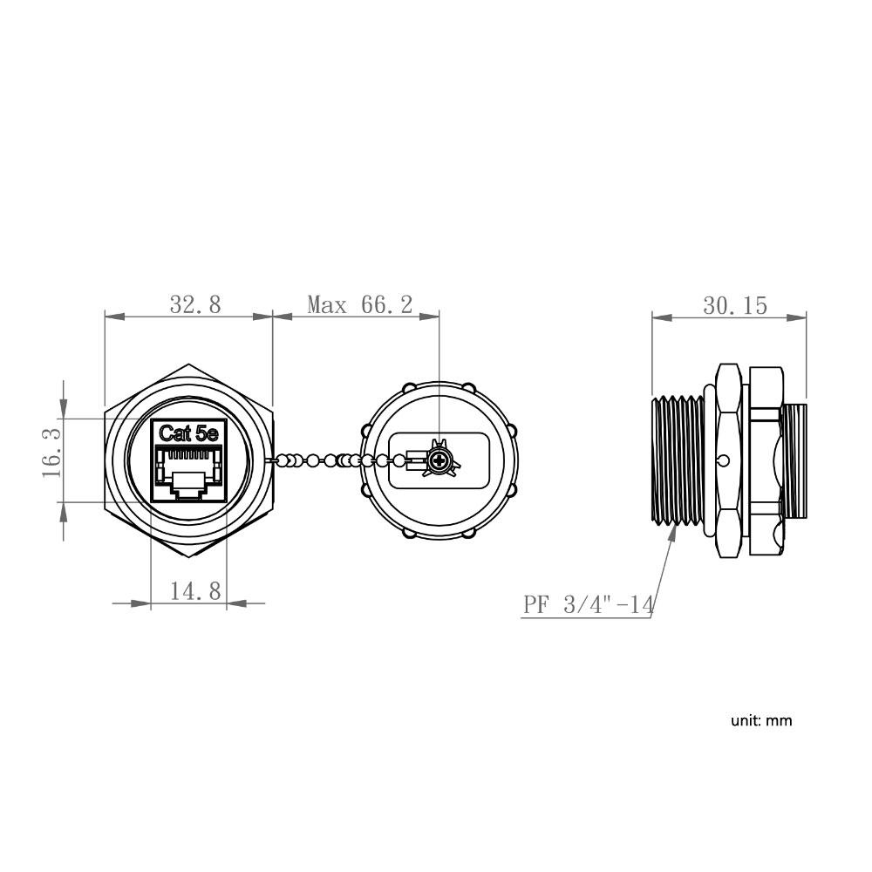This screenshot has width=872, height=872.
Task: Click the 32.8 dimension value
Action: [195, 304]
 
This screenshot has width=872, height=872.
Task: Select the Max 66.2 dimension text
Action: [359, 304]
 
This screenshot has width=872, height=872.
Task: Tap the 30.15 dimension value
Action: [734, 305]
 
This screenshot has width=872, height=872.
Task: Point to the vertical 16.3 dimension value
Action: [51, 452]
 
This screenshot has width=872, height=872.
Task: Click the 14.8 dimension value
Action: [194, 591]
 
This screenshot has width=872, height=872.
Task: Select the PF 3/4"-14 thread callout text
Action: [587, 604]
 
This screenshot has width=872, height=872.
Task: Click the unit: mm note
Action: [761, 720]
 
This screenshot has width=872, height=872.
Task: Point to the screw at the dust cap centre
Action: [440, 460]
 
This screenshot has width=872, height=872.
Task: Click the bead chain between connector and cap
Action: [318, 460]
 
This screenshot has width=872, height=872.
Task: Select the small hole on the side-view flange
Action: [725, 460]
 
